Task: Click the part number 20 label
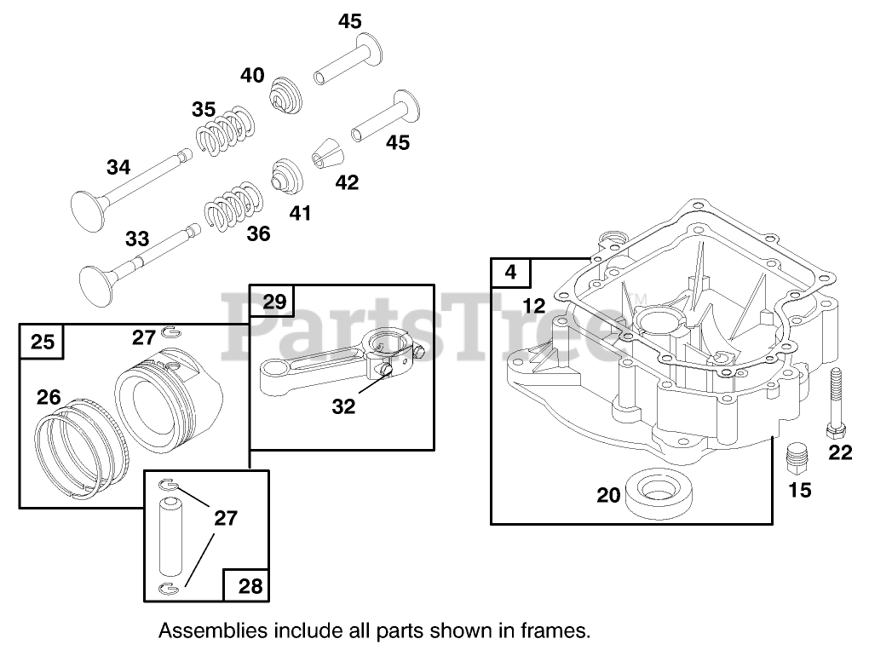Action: pyautogui.click(x=608, y=494)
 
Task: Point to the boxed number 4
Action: pyautogui.click(x=510, y=273)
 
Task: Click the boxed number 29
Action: pyautogui.click(x=273, y=301)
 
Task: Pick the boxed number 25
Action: pyautogui.click(x=42, y=342)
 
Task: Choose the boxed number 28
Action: pyautogui.click(x=250, y=586)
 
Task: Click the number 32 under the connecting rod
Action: pyautogui.click(x=343, y=406)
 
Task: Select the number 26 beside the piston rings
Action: pyautogui.click(x=49, y=396)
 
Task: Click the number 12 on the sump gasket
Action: pyautogui.click(x=533, y=306)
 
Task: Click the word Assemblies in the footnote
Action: pyautogui.click(x=212, y=631)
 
